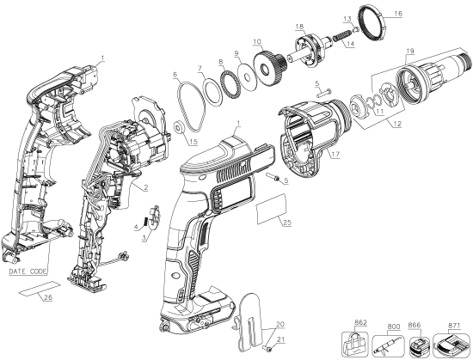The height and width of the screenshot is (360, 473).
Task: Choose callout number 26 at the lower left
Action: (x=47, y=299)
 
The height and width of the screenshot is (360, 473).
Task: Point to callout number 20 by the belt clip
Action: (x=278, y=325)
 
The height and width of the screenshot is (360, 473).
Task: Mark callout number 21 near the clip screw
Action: (x=278, y=341)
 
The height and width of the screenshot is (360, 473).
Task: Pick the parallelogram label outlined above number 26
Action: (x=38, y=287)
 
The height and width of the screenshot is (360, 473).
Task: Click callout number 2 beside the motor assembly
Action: (x=147, y=187)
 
